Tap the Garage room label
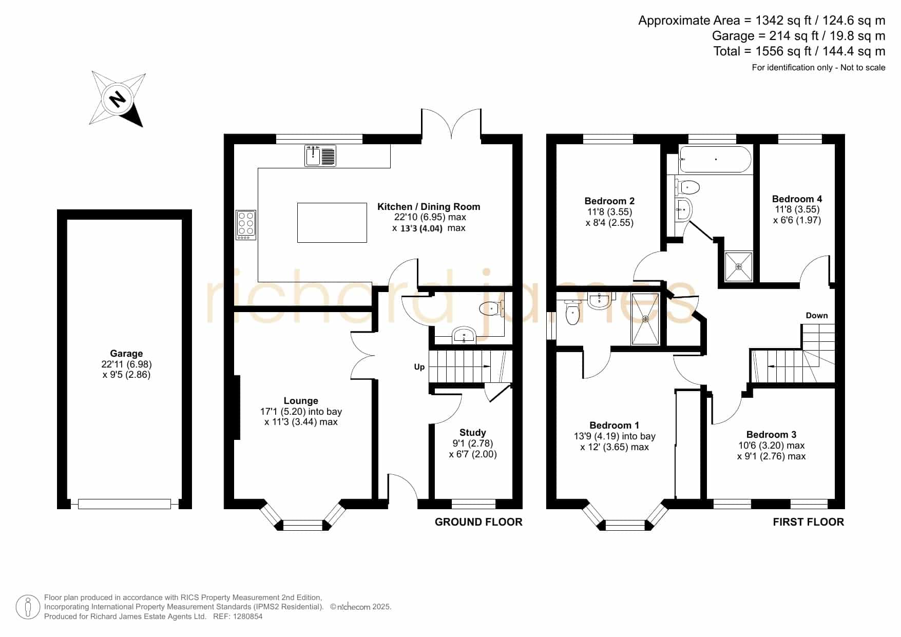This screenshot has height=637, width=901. tap(126, 353)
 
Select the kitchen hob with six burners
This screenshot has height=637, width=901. tap(246, 225)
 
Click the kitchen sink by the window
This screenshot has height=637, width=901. tap(320, 156)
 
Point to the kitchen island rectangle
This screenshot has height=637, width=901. tap(332, 222)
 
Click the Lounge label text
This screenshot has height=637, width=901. tap(301, 400)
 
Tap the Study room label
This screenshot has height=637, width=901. tap(472, 432)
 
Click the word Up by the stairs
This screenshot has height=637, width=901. tap(419, 366)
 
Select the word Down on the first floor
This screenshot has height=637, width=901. tap(817, 315)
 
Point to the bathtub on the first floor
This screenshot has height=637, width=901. tap(716, 159)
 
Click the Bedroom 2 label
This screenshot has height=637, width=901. tap(609, 201)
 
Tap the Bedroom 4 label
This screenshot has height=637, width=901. tap(797, 199)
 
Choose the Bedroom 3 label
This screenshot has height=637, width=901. tap(771, 434)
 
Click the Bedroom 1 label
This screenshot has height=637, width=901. tap(614, 425)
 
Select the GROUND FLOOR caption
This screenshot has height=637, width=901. tap(478, 522)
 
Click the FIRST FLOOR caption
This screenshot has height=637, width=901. tap(809, 522)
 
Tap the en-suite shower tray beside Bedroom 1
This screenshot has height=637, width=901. tap(645, 318)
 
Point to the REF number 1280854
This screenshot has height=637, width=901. tap(247, 616)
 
